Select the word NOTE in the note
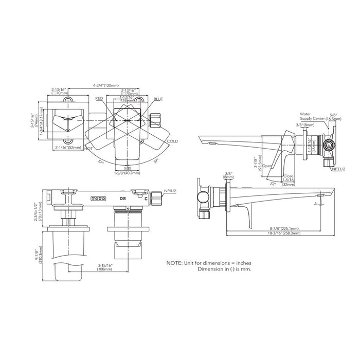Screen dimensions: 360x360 175,263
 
